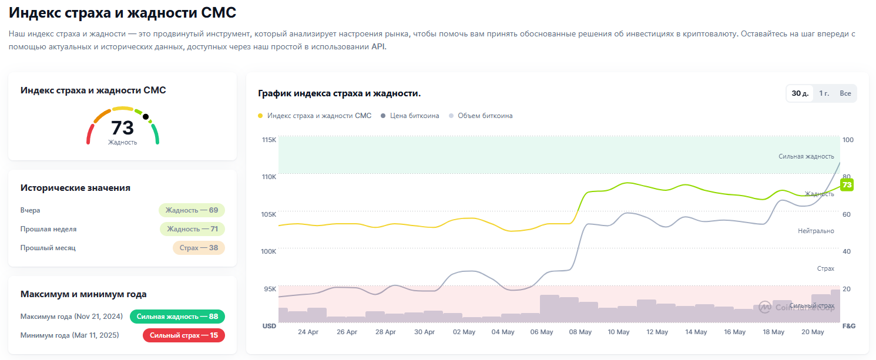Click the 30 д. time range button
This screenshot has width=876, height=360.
click(800, 93)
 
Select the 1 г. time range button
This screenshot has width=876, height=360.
click(824, 93)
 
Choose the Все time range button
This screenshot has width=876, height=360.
click(845, 93)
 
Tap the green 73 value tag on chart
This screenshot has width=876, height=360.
click(847, 185)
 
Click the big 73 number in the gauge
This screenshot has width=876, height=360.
click(122, 127)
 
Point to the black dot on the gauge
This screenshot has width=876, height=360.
click(146, 116)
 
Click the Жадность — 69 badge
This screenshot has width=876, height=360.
click(192, 210)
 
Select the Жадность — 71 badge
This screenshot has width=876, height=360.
click(192, 229)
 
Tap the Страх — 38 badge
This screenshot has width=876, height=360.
click(199, 248)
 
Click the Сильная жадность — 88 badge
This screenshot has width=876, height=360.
click(177, 317)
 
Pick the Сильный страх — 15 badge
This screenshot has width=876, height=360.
click(183, 335)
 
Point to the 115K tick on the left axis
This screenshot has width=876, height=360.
click(269, 140)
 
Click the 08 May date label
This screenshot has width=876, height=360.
click(580, 332)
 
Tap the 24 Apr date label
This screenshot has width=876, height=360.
click(308, 332)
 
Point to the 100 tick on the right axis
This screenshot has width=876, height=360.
click(848, 140)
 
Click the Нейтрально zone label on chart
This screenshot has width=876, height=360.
click(815, 231)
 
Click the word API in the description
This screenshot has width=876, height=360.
click(378, 47)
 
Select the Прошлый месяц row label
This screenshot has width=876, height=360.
click(48, 248)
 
